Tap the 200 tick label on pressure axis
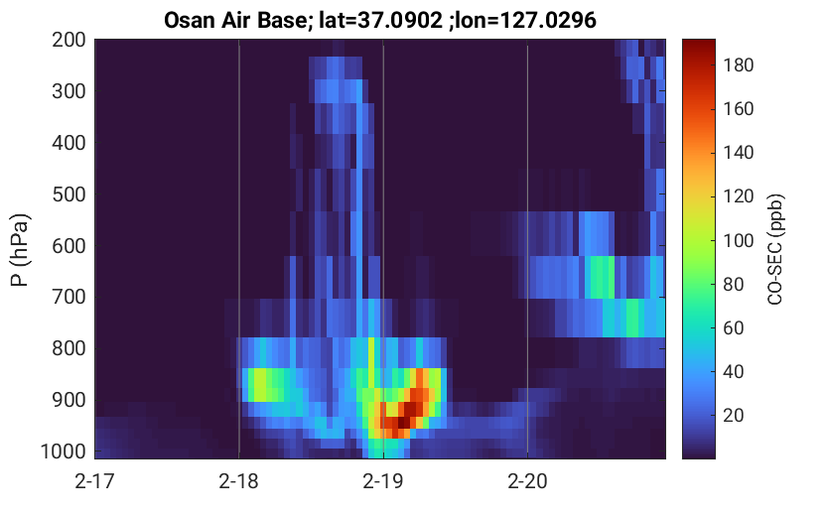coord(69,40)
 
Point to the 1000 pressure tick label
coord(64,452)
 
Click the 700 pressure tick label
coord(69,297)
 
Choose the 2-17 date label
coord(94,481)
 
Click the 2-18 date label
coord(239,481)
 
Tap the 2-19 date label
coord(383,481)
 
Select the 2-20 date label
coord(527,481)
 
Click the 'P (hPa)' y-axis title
coord(20,250)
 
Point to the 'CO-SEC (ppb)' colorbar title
coord(774,249)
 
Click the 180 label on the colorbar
coord(738,65)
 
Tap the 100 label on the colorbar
coord(738,240)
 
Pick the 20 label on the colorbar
coord(733,415)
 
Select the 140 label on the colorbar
coord(738,152)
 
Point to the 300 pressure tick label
coord(69,91)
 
